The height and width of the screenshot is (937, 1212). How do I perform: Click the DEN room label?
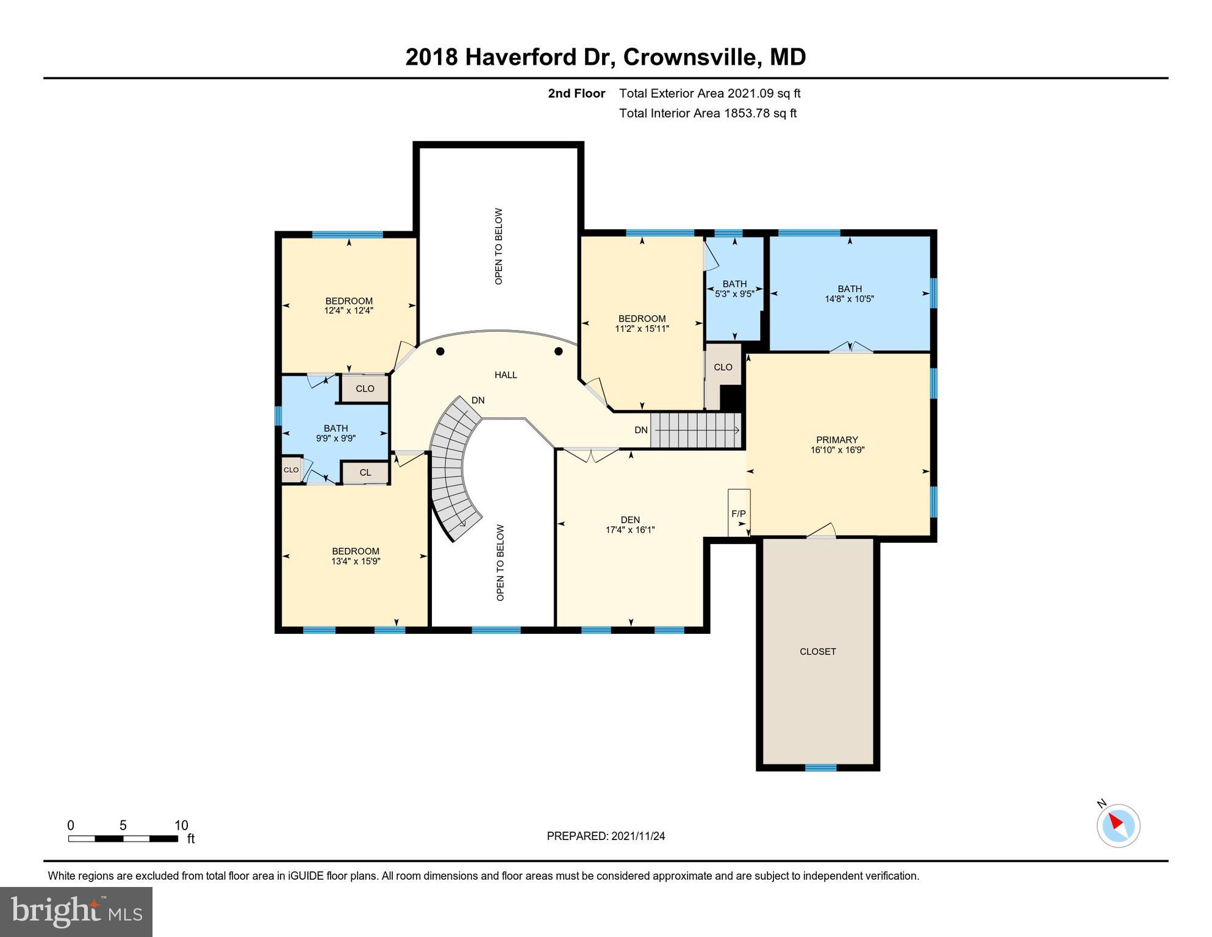click(630, 520)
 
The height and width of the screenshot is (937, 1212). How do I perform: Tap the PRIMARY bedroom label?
click(837, 440)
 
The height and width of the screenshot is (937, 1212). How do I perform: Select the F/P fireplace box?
click(739, 514)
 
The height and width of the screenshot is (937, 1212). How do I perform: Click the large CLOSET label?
click(817, 652)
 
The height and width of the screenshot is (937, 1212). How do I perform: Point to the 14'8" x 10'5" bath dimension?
click(849, 299)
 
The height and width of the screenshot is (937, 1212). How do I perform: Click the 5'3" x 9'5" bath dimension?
click(734, 293)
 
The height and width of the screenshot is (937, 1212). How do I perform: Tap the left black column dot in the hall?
click(440, 351)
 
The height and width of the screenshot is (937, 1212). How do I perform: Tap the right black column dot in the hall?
click(558, 351)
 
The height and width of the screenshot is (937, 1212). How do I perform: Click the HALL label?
click(506, 375)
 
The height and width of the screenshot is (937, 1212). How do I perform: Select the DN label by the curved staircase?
click(478, 400)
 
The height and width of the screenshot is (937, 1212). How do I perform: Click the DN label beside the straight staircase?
click(640, 430)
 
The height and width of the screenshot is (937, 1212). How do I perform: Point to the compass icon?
click(1118, 825)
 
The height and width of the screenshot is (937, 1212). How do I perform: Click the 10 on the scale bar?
click(181, 825)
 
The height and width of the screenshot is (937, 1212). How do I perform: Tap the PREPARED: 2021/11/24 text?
click(606, 836)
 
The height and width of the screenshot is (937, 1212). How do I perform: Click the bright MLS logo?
click(76, 911)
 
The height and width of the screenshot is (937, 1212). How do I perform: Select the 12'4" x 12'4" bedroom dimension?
click(348, 311)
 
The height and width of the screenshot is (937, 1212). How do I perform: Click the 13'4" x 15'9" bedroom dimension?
click(356, 561)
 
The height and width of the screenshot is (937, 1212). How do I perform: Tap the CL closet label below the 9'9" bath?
click(365, 473)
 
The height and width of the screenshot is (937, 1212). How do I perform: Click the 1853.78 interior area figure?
click(747, 113)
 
